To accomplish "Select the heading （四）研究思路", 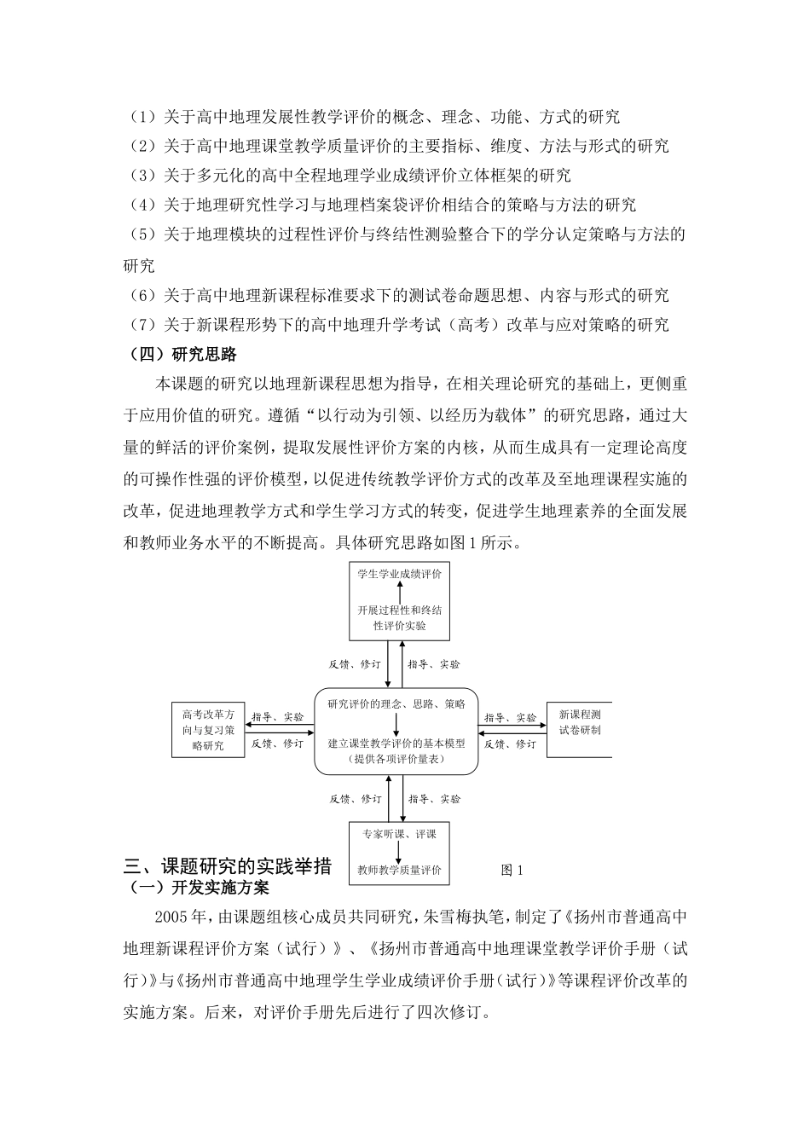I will click(x=180, y=354).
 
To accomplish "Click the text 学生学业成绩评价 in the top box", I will click(x=400, y=574).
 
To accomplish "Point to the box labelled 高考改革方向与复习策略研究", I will click(x=209, y=730).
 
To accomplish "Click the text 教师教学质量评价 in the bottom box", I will click(x=400, y=871).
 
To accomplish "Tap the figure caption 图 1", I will click(x=512, y=870).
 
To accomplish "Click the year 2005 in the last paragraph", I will click(x=170, y=917).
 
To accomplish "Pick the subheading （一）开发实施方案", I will click(x=196, y=888).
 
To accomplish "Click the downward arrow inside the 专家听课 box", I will click(x=399, y=852).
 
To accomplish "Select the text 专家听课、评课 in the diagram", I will click(x=399, y=834).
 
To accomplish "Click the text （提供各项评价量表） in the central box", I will click(x=397, y=758).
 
